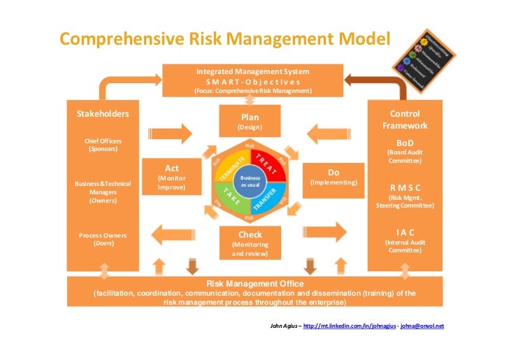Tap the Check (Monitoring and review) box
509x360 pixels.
(250, 243)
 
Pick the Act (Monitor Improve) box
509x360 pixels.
(171, 178)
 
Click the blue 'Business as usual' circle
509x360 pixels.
(250, 182)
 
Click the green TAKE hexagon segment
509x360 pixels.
(231, 197)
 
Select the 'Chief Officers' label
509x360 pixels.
(103, 141)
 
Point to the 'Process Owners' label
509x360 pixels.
(102, 235)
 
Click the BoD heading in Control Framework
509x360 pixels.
(405, 143)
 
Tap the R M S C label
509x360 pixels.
(405, 187)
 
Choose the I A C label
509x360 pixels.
(405, 232)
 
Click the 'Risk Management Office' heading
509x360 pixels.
(254, 283)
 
